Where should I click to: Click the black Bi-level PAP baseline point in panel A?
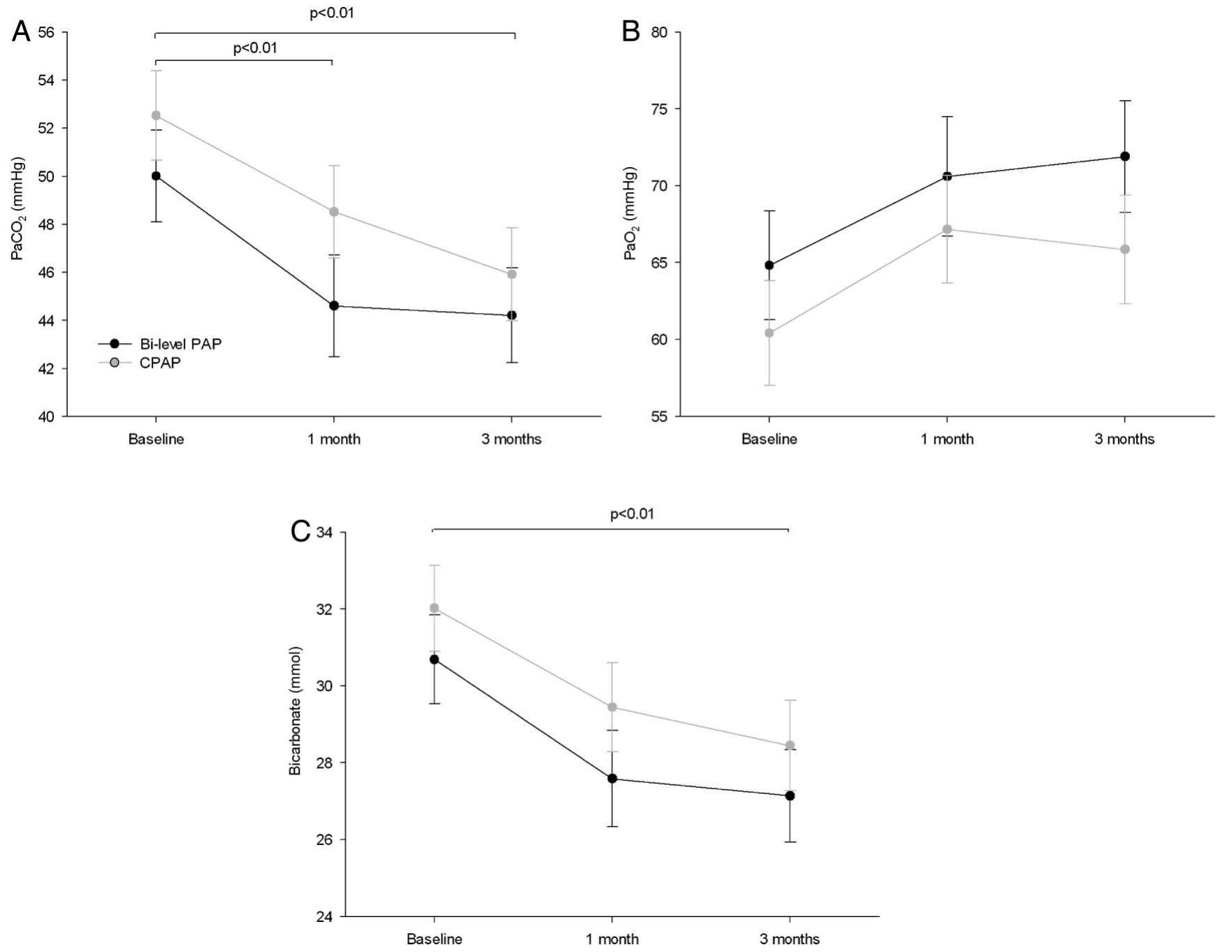tap(156, 176)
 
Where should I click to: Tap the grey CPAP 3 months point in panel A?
tap(512, 274)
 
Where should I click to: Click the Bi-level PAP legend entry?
tap(180, 344)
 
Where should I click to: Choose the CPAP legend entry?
tap(160, 363)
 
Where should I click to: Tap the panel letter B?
tap(630, 31)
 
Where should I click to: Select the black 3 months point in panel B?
tap(1125, 157)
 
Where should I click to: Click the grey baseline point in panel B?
tap(769, 333)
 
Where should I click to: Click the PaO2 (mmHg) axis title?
tap(630, 213)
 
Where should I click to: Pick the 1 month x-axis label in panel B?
tap(947, 440)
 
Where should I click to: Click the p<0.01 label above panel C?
tap(632, 514)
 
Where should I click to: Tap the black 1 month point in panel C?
tap(612, 779)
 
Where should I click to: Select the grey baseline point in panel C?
tap(435, 608)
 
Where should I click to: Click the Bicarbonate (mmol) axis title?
tap(296, 710)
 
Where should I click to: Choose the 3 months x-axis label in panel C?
tap(790, 939)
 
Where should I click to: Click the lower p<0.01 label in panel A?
tap(255, 48)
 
